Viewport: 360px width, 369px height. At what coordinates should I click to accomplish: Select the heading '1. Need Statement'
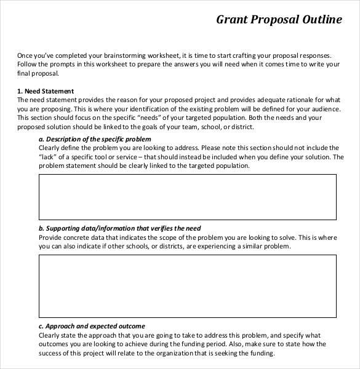tap(46, 91)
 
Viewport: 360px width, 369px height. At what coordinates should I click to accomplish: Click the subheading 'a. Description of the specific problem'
tap(94, 139)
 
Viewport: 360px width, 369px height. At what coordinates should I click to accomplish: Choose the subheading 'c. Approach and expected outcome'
tap(92, 326)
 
